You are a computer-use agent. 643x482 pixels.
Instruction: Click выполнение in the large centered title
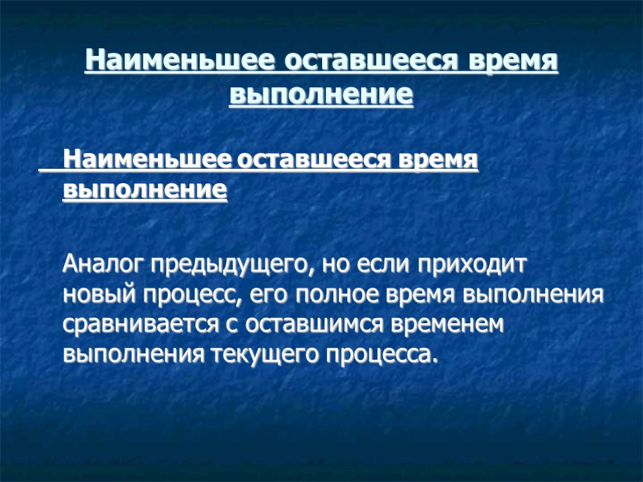pyautogui.click(x=321, y=95)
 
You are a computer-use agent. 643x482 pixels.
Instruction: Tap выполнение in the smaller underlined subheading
pyautogui.click(x=145, y=189)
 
